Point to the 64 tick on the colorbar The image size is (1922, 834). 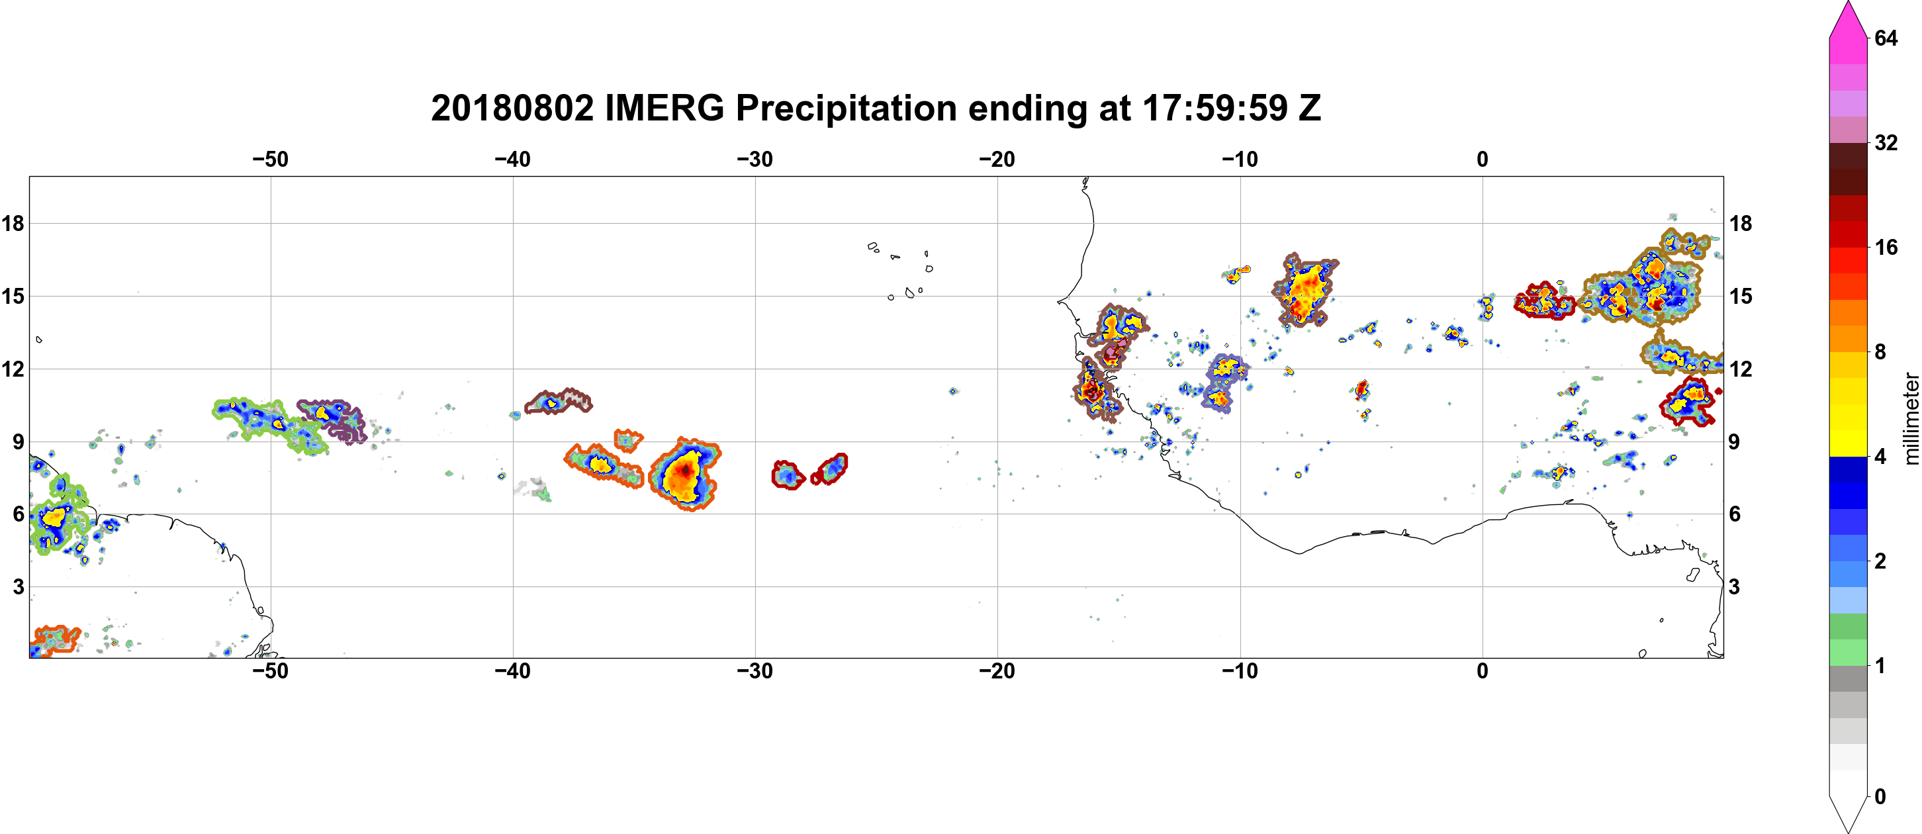pos(1886,38)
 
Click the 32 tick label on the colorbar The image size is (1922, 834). pos(1886,142)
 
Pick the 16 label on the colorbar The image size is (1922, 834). pos(1886,247)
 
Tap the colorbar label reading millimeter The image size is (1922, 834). pos(1911,418)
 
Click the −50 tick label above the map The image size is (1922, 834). pos(270,160)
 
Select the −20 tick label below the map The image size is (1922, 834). pos(997,671)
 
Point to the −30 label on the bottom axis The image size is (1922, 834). pos(755,671)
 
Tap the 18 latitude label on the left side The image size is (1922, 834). pos(13,223)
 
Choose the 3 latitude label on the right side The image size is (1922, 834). pos(1734,587)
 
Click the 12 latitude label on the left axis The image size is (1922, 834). pos(13,369)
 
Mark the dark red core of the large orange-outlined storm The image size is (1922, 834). pos(685,470)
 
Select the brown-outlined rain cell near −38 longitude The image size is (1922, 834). pos(558,401)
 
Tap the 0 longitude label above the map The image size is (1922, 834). pos(1482,160)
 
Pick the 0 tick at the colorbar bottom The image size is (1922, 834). pos(1880,797)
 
